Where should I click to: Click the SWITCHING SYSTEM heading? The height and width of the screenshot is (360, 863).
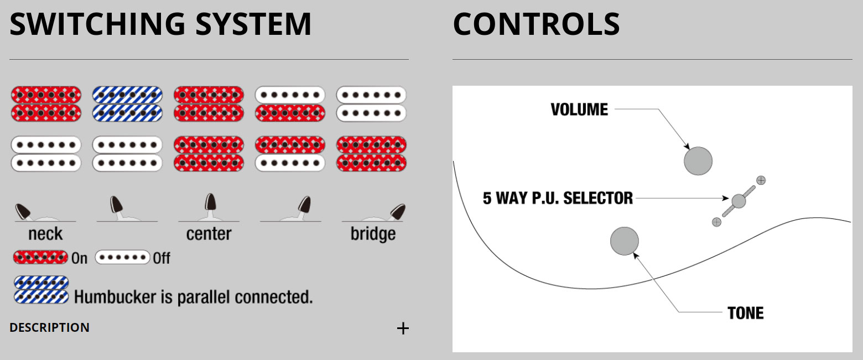[x=160, y=24]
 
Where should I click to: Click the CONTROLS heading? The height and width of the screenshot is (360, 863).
[x=536, y=24]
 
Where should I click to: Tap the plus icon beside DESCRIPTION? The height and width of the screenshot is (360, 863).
[x=403, y=328]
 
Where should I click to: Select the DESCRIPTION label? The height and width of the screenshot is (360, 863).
[x=49, y=327]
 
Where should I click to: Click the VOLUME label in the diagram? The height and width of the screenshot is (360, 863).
[x=579, y=109]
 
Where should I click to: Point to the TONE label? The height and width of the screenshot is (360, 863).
[x=745, y=313]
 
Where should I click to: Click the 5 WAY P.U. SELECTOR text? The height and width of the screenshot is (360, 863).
[x=558, y=198]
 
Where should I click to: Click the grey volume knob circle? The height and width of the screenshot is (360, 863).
[x=698, y=161]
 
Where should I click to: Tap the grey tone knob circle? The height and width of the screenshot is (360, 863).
[x=625, y=241]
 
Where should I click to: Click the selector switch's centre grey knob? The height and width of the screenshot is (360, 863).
[x=739, y=201]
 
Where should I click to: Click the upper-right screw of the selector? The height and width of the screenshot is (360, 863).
[x=761, y=180]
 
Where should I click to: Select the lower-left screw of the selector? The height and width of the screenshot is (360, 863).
[x=716, y=222]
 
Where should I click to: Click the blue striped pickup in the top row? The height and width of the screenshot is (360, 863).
[x=127, y=104]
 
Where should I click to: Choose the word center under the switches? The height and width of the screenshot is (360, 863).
[x=209, y=234]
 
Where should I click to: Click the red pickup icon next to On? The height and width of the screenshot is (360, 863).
[x=40, y=258]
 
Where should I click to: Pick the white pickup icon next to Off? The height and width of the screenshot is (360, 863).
[x=122, y=258]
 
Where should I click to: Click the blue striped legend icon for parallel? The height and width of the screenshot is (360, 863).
[x=41, y=290]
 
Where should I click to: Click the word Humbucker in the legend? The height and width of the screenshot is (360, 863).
[x=114, y=297]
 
